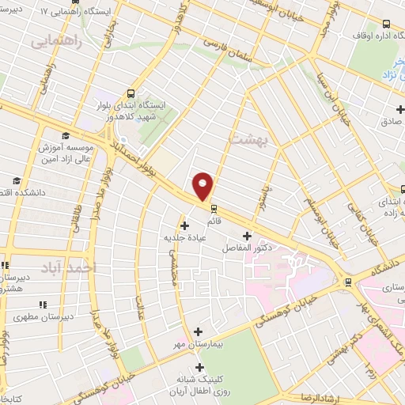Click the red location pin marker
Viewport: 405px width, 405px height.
[x=203, y=186]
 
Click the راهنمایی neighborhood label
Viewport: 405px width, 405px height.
[x=58, y=41]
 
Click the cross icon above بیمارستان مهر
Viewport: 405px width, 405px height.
[x=198, y=331]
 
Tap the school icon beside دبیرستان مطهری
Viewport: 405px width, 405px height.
[x=43, y=304]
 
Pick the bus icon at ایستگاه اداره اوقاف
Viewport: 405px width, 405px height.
[x=386, y=24]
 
